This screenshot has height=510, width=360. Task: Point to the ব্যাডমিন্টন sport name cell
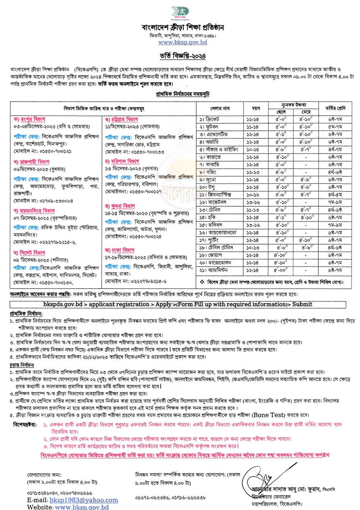coord(215,270)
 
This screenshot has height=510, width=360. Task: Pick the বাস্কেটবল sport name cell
coord(214,202)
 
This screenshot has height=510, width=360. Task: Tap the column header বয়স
coord(256,108)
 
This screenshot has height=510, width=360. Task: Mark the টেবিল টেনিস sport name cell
coord(215,247)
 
